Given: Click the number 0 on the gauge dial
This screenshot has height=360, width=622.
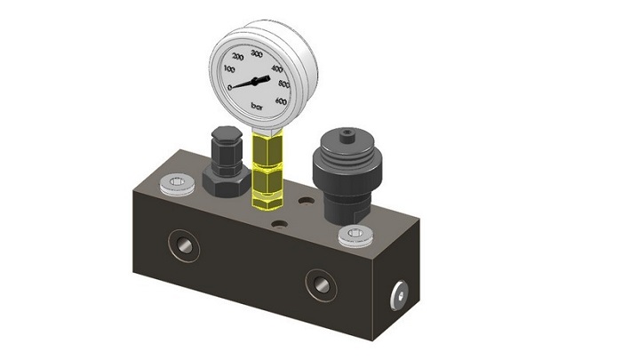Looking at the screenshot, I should tap(231, 87).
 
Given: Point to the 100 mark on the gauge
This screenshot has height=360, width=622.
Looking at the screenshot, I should tap(230, 68).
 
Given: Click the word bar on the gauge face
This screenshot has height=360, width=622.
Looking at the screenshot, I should tap(260, 108).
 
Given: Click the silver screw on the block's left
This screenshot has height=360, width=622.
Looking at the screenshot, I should tap(176, 185).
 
